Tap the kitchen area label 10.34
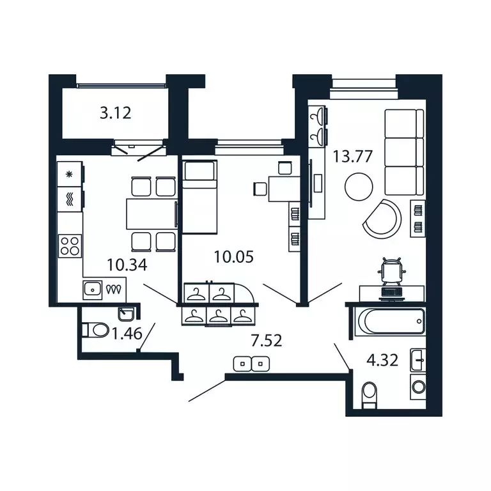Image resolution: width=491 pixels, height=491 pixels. [x=125, y=263]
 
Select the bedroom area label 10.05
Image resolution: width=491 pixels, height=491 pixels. [x=233, y=258]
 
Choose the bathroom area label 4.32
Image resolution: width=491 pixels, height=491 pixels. [x=383, y=359]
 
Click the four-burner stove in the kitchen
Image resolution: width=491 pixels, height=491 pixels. [x=70, y=245]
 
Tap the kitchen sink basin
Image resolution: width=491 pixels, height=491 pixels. [x=93, y=290]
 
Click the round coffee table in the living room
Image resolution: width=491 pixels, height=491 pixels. [x=358, y=187]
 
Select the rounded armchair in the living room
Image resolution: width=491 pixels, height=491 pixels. [x=383, y=217]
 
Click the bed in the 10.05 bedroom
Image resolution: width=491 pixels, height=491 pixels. [x=199, y=197]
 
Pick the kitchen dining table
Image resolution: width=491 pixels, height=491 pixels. [x=151, y=214]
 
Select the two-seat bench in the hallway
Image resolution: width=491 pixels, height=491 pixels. [x=252, y=364]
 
